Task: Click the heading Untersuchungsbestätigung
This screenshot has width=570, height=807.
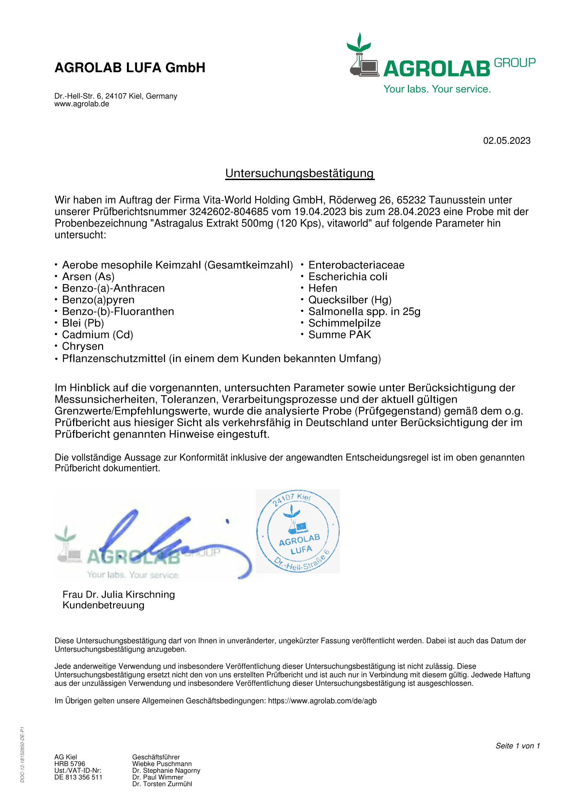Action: click(x=300, y=173)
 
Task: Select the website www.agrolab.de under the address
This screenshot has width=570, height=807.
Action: click(x=81, y=104)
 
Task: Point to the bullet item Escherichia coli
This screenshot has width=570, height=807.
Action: click(x=348, y=277)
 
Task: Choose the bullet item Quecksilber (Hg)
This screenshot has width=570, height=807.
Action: click(x=350, y=300)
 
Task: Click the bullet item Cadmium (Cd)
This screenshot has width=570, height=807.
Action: click(x=97, y=335)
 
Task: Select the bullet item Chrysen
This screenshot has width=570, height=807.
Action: click(x=82, y=346)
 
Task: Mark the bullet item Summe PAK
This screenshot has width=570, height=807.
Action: click(x=340, y=335)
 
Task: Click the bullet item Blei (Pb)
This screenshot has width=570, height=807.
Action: click(x=83, y=323)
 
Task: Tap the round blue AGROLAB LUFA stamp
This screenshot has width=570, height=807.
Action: click(x=298, y=531)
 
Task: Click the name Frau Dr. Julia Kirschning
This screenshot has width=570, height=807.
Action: click(x=118, y=594)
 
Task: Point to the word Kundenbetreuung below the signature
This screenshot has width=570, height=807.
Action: click(x=103, y=605)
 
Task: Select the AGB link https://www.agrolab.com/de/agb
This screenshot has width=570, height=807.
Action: click(x=322, y=701)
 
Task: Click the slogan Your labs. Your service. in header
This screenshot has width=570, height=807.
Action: click(x=437, y=89)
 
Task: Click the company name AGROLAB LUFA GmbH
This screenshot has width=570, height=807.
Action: click(x=130, y=68)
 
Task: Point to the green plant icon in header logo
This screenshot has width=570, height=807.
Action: click(x=359, y=43)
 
